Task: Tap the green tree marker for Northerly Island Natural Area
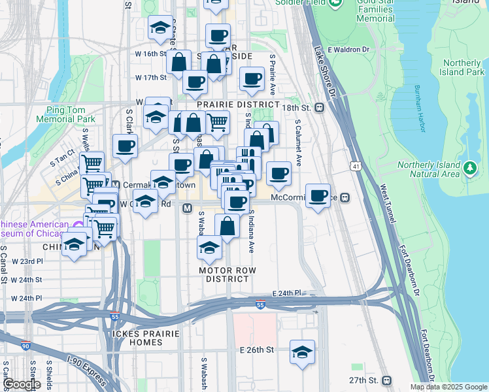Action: tap(469, 169)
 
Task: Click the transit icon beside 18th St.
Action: tap(320, 108)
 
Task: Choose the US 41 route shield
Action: tap(356, 167)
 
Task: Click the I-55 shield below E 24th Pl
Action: tap(260, 305)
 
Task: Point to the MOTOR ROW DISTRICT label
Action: tap(228, 274)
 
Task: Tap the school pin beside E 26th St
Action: tap(302, 351)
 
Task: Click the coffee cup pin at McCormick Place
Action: tap(318, 196)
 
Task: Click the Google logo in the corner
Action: tap(21, 384)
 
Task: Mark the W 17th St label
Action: tap(151, 77)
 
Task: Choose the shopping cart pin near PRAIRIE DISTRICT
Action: tap(218, 122)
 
